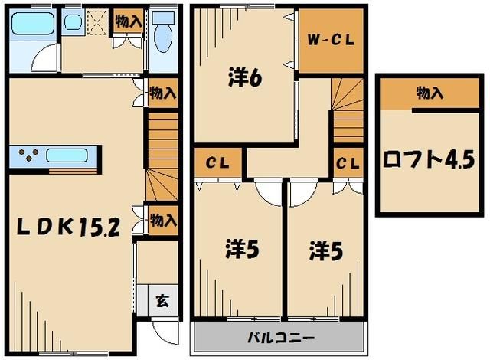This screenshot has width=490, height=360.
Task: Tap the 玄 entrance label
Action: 162,299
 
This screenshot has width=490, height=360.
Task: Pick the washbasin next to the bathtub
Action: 73,21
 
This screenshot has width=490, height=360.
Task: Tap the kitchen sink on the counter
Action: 69,155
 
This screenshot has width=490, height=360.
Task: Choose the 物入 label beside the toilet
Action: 128,21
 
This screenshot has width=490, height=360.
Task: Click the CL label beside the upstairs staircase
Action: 348,162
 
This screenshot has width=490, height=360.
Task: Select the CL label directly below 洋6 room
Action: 217,162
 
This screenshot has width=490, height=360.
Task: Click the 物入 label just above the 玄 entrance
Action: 162,221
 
